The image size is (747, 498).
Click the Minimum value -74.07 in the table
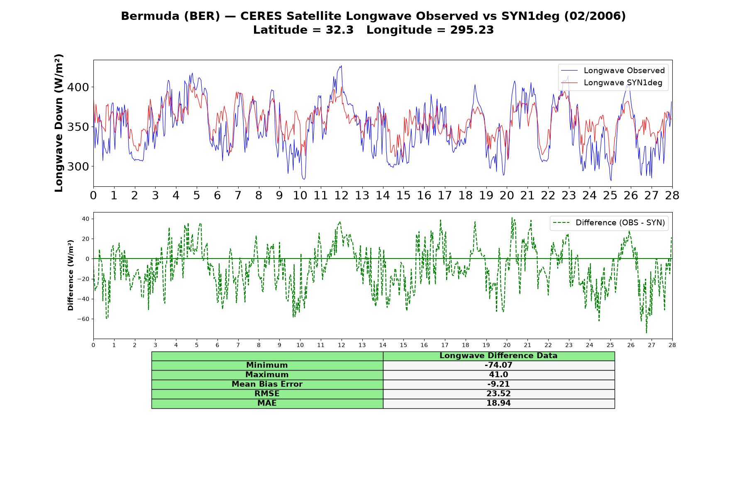tap(498, 365)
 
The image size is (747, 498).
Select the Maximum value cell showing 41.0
tap(498, 375)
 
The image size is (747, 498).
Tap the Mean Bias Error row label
tap(267, 384)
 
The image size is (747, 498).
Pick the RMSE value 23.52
tap(498, 394)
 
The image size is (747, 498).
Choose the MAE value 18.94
tap(498, 403)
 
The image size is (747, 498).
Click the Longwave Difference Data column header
tap(498, 356)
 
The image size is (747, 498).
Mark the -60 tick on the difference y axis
tap(83, 319)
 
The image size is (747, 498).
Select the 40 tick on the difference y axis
tap(86, 219)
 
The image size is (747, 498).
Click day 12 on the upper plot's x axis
tap(342, 195)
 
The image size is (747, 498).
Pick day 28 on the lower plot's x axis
tap(672, 345)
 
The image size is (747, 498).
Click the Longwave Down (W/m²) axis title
tap(59, 123)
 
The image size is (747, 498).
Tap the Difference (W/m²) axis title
tap(71, 275)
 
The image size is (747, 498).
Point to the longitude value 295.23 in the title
tap(472, 30)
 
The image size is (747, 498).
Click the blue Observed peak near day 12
tap(341, 66)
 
